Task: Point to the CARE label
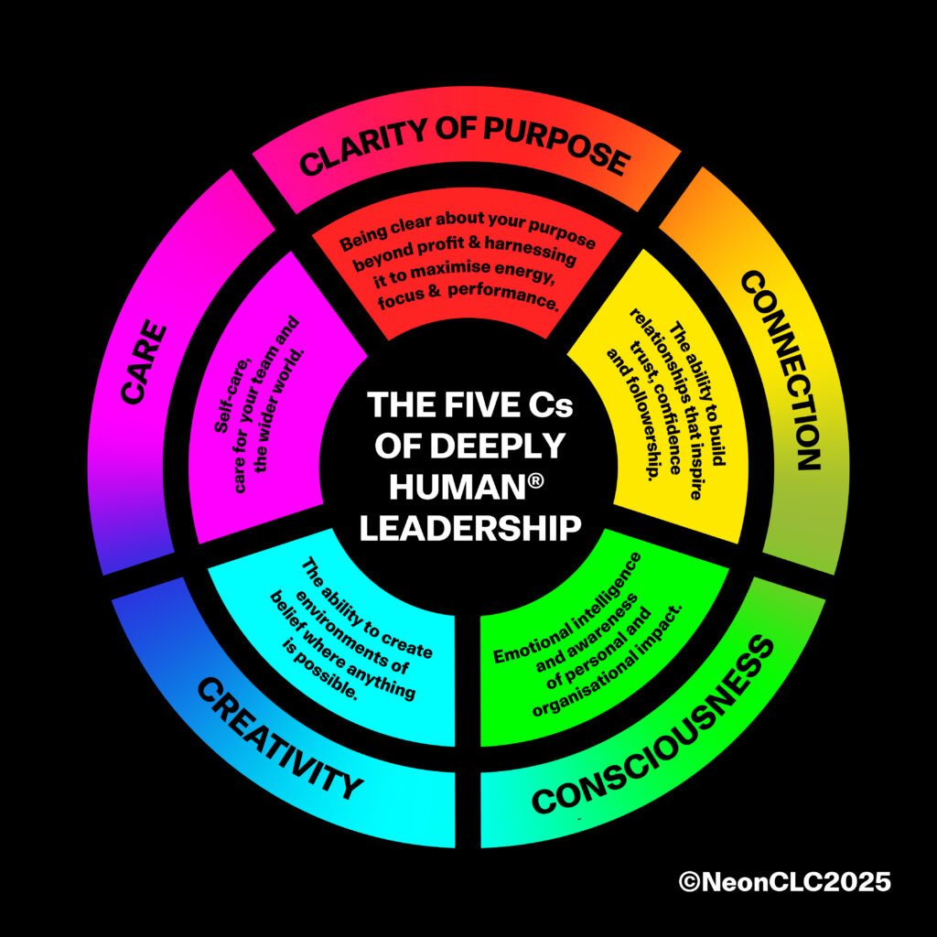click(x=144, y=362)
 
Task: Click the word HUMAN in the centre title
click(x=457, y=487)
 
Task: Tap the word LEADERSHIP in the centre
click(x=470, y=528)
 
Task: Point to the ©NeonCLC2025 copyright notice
click(x=784, y=882)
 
